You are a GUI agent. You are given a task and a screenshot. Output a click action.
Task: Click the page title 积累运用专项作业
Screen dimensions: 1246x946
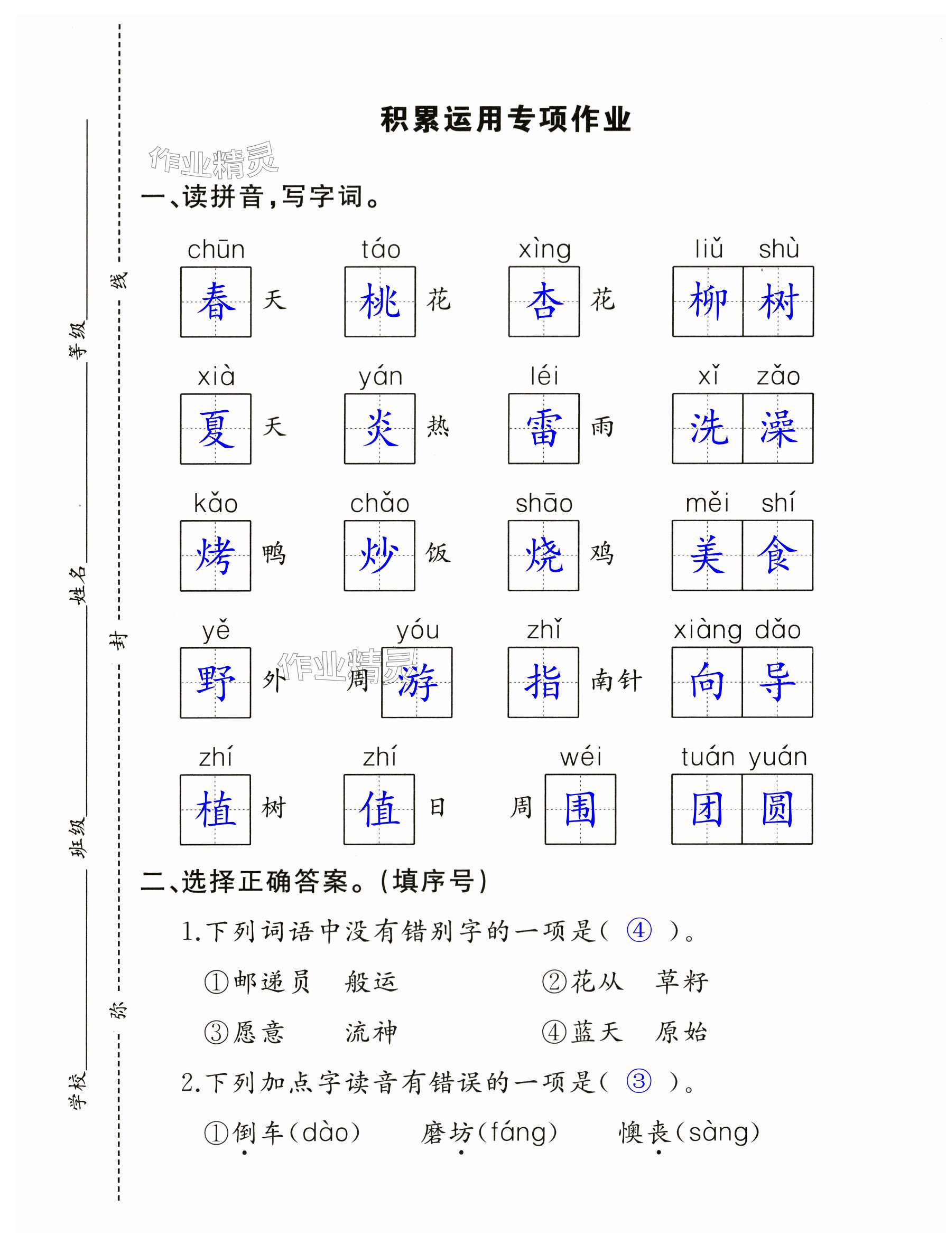(x=505, y=119)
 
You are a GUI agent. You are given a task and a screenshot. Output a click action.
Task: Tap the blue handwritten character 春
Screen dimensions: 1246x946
(x=216, y=302)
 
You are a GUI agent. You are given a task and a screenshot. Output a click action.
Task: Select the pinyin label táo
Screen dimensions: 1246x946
(x=381, y=249)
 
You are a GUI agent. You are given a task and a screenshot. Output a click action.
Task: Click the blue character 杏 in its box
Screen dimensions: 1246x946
(x=544, y=302)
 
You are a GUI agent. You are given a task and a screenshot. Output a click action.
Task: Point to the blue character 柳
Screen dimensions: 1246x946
(x=708, y=302)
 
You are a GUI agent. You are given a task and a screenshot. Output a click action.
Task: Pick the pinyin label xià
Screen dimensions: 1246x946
(x=216, y=376)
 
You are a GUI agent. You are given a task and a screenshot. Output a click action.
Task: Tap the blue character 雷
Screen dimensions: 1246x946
(x=543, y=429)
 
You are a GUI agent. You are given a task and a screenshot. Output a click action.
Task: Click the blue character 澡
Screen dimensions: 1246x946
(x=778, y=429)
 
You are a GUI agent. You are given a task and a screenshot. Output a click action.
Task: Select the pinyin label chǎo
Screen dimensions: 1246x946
(x=379, y=503)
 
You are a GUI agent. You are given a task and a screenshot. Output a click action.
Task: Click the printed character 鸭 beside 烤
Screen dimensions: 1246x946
(x=274, y=554)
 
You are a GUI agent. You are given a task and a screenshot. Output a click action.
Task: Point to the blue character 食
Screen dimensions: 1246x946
(x=777, y=555)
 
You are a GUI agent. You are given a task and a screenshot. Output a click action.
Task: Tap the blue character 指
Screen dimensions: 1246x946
(x=543, y=682)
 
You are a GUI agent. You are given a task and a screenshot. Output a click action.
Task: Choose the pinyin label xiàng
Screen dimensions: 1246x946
(x=708, y=630)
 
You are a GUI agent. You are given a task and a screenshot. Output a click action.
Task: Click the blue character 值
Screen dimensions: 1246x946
(x=379, y=809)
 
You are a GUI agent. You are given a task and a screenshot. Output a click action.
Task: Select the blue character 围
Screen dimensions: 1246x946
(x=580, y=809)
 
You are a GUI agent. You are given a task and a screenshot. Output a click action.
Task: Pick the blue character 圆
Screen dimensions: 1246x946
(x=777, y=809)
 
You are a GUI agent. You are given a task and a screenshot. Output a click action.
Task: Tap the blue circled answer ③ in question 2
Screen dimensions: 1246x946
(x=639, y=1081)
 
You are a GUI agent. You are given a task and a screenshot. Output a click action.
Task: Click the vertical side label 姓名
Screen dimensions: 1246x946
(x=78, y=586)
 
